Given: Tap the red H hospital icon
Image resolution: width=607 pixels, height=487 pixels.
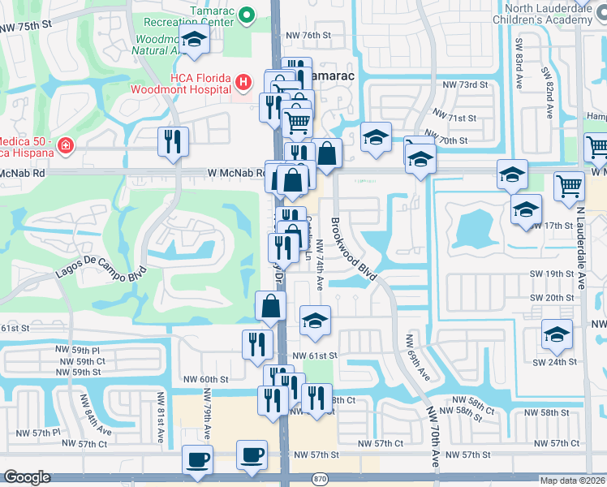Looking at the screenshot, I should (x=242, y=81).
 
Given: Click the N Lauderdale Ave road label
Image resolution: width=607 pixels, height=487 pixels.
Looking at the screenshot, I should (x=581, y=243).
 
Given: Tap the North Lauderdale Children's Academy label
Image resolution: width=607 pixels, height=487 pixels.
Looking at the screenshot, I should (x=547, y=14).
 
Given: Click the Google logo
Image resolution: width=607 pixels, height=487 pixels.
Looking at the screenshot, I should (x=28, y=478).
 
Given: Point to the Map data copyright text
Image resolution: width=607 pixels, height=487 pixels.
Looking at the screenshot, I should (x=572, y=481).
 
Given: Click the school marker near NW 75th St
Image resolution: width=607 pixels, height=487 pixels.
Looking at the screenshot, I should (x=194, y=41).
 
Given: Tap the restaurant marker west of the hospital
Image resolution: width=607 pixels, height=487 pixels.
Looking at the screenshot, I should (x=174, y=141).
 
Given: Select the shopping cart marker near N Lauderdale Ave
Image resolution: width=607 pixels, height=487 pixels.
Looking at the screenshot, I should (x=569, y=186).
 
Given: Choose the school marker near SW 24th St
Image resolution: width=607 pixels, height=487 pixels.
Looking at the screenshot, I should (x=557, y=334).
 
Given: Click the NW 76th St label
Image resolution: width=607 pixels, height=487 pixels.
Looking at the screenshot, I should (x=309, y=35).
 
